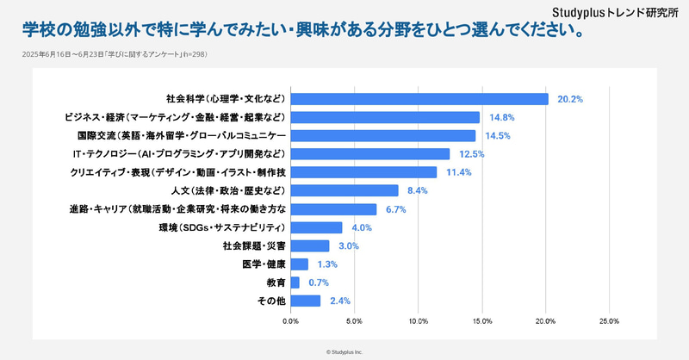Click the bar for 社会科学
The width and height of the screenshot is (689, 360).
(419, 98)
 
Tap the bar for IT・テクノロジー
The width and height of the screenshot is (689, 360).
(370, 154)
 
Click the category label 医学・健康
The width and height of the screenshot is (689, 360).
(264, 264)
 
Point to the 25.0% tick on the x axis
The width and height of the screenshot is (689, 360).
(609, 321)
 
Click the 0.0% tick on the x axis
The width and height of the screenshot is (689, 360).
(291, 321)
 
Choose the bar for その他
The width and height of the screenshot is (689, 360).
(306, 301)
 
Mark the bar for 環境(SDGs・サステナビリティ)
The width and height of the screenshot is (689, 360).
(316, 227)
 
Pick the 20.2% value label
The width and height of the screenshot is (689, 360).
(570, 99)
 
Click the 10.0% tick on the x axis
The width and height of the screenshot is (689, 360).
(419, 321)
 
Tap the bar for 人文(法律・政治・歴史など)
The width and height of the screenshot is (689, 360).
(344, 190)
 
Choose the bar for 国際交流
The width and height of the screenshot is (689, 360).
(383, 135)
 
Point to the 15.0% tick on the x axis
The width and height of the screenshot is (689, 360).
(481, 321)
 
